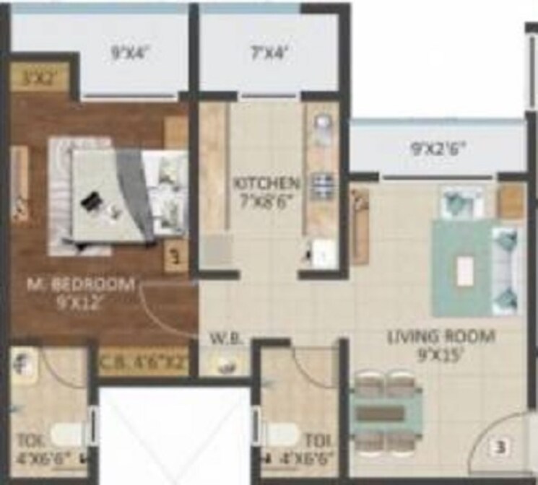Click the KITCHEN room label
point(266,183)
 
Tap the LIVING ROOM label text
point(441,336)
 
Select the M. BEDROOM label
point(80,284)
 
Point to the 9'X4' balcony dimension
point(130,52)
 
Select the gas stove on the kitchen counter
point(321,185)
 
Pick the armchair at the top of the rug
point(463,202)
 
